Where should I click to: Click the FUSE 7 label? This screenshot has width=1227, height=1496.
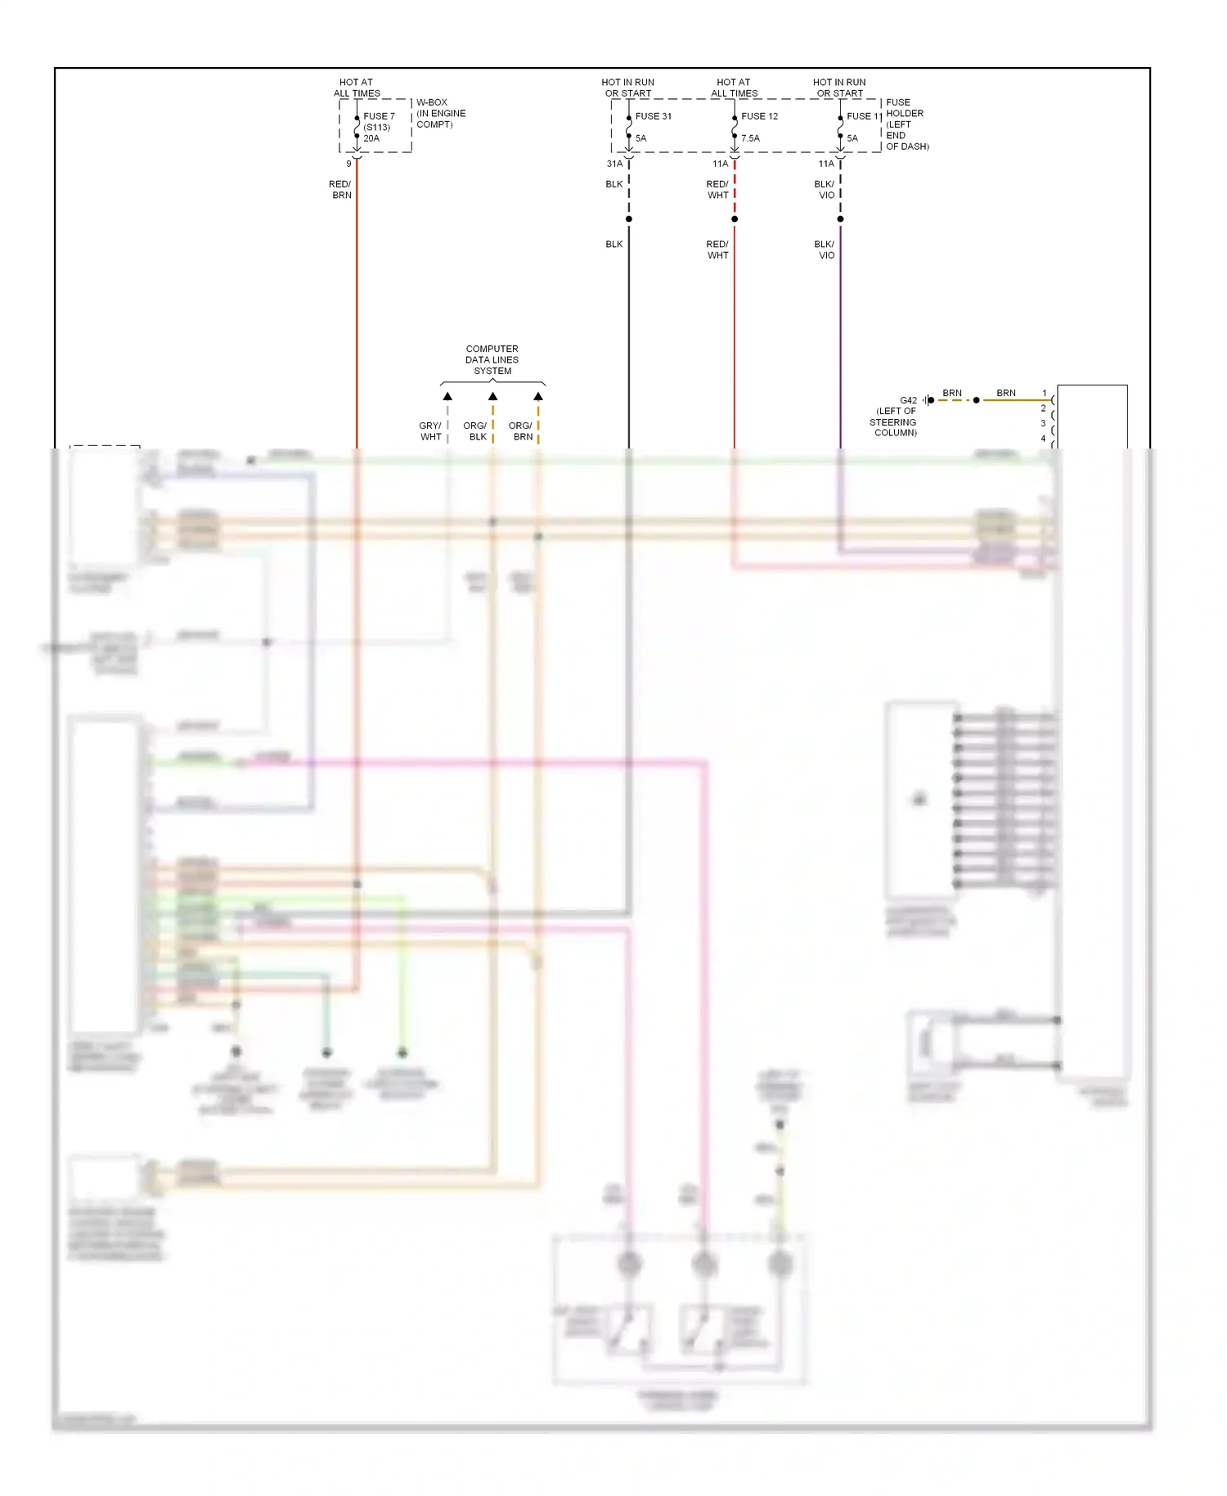(379, 116)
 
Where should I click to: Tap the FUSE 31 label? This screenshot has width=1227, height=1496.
(653, 116)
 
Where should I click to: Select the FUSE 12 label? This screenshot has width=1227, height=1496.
(759, 116)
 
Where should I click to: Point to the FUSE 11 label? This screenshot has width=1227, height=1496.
(864, 116)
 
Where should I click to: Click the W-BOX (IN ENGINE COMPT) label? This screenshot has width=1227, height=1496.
(441, 114)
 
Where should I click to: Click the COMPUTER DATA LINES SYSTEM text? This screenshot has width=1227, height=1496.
(492, 360)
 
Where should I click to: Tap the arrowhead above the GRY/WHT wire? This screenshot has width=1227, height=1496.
(447, 396)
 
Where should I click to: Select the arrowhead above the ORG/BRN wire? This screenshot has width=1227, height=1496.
(538, 396)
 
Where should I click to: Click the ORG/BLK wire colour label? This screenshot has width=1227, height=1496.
(475, 431)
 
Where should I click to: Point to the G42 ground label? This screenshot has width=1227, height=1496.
(908, 400)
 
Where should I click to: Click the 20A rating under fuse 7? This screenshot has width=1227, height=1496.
(371, 138)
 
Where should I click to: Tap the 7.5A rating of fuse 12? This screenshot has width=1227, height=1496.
(750, 138)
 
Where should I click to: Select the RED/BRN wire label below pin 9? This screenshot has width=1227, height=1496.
(340, 190)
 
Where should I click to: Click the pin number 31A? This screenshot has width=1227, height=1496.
(614, 164)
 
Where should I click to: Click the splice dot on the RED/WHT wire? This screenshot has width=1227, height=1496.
(735, 219)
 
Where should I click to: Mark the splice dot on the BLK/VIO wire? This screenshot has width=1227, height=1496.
(840, 219)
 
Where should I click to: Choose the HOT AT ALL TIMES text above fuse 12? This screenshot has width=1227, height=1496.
(734, 88)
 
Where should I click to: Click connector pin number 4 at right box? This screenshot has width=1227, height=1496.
(1043, 439)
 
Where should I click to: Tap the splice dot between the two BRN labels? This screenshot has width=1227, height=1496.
(976, 400)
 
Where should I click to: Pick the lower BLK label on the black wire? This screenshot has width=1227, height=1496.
(614, 244)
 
